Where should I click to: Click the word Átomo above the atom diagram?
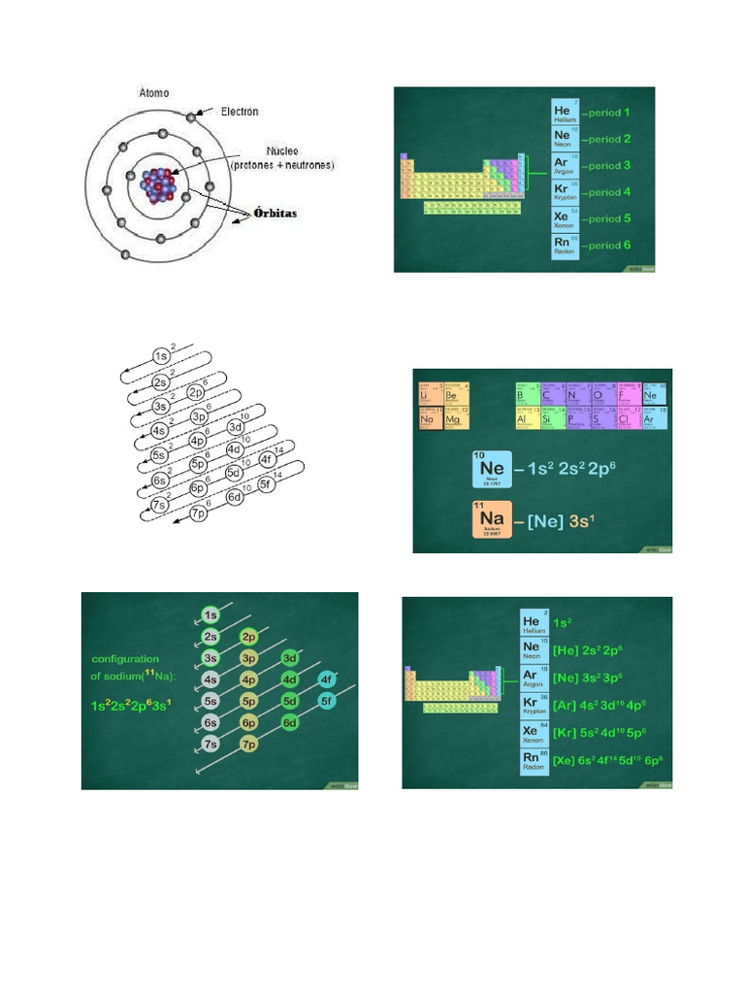[x=153, y=93]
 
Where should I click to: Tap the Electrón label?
[x=240, y=112]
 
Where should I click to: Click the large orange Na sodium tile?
[x=492, y=519]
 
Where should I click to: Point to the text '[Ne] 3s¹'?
[x=562, y=521]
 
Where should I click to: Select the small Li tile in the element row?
[x=430, y=394]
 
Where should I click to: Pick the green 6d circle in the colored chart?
[x=289, y=722]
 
